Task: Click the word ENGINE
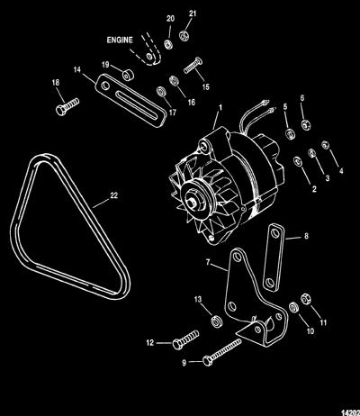[120, 40]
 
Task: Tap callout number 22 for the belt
[114, 195]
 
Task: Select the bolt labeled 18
[67, 106]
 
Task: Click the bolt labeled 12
[185, 339]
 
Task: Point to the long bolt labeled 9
[222, 352]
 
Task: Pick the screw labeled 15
[193, 66]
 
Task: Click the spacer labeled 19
[129, 75]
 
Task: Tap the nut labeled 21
[184, 36]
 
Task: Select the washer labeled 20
[168, 44]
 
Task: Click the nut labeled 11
[305, 298]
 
